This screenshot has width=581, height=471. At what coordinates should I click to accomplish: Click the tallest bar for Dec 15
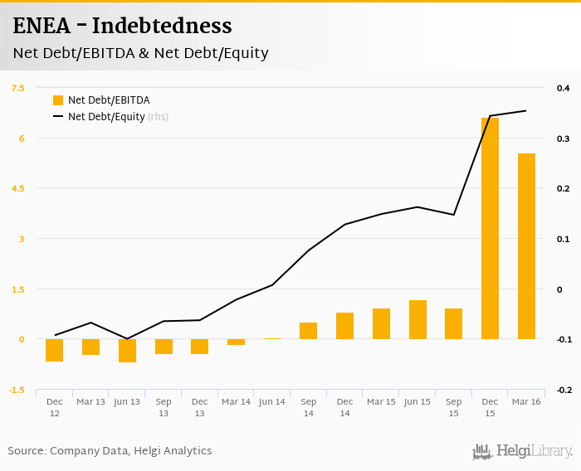[x=490, y=228]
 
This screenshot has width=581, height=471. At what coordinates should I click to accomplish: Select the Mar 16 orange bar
[x=526, y=246]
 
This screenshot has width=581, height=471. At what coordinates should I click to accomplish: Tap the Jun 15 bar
[x=417, y=319]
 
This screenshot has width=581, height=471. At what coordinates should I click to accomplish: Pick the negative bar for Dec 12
[x=55, y=350]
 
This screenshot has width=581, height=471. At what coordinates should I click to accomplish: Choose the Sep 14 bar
[x=308, y=331]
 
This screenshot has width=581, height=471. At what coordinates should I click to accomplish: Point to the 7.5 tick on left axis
[x=18, y=88]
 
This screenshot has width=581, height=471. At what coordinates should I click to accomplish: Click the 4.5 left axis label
[x=18, y=188]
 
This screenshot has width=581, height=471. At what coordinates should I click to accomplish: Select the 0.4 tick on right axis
[x=563, y=88]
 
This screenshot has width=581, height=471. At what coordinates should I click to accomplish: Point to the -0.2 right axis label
[x=562, y=390]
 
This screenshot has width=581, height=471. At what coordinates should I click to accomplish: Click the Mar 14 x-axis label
[x=236, y=402]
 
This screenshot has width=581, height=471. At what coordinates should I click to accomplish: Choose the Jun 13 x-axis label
[x=127, y=402]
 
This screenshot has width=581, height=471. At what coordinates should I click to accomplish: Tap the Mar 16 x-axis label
[x=526, y=402]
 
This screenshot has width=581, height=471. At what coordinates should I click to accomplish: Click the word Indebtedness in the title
[x=162, y=27]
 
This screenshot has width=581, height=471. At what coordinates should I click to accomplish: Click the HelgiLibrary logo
[x=522, y=451]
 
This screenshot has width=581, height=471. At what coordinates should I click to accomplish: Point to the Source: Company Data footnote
[x=110, y=451]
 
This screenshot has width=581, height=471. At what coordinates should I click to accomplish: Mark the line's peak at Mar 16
[x=526, y=110]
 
